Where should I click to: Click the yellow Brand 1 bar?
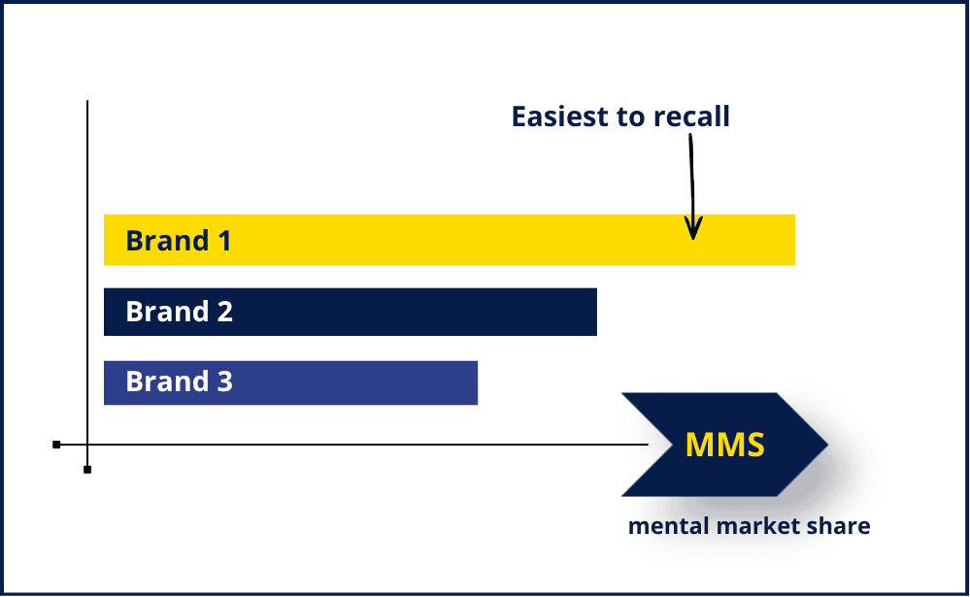point(450,240)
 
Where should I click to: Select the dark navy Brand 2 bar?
point(351,312)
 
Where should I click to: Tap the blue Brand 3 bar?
point(290,382)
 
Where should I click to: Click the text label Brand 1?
point(178,241)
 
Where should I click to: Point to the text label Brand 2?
point(180,312)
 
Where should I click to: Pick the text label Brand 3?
point(180,381)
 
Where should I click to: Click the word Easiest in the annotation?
point(560,116)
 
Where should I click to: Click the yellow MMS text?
point(725,445)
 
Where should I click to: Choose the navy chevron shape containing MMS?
point(724,445)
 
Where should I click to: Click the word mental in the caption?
point(669,526)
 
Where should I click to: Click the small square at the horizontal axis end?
point(56,445)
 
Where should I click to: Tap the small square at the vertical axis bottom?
point(87,470)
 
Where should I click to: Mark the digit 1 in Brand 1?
point(224,241)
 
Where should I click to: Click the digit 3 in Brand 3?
point(225,381)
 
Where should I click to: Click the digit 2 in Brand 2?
point(225,312)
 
